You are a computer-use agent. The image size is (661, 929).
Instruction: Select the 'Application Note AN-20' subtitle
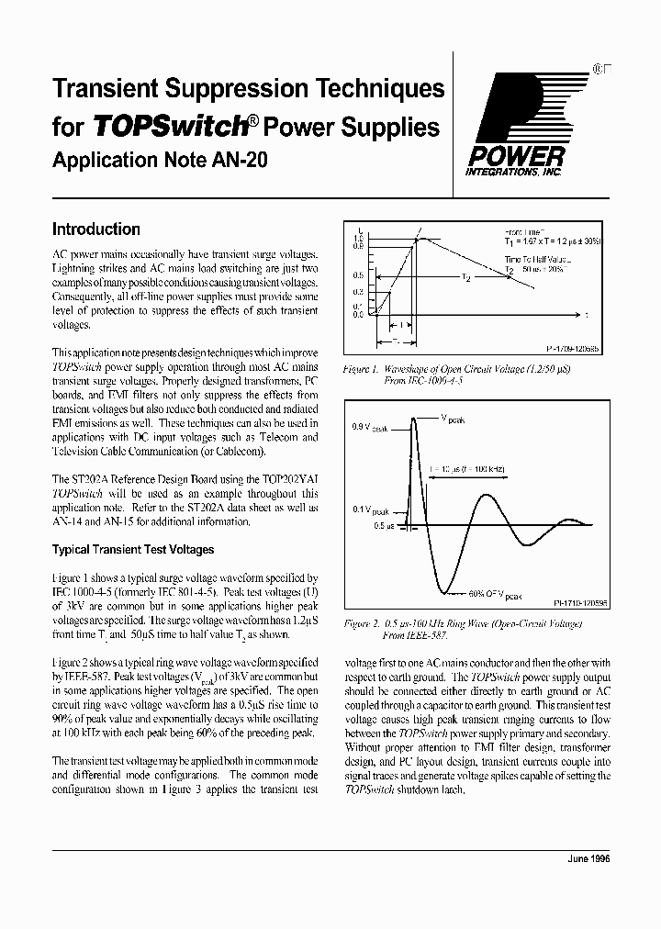click(x=160, y=160)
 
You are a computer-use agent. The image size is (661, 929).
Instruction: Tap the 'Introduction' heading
click(x=95, y=229)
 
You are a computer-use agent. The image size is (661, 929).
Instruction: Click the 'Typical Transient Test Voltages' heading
click(x=133, y=550)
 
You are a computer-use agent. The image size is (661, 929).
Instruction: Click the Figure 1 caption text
click(x=466, y=374)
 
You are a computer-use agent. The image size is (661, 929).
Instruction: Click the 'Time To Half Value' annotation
click(x=535, y=261)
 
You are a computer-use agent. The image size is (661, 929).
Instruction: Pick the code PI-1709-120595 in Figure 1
click(x=573, y=350)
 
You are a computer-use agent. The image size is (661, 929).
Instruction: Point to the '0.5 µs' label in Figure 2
click(x=383, y=527)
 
